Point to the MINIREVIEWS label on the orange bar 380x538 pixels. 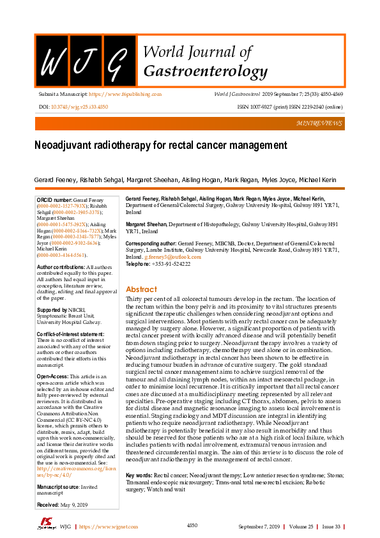[x=319, y=123]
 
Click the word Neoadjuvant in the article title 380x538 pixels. [x=62, y=146]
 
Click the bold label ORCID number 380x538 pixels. [x=55, y=201]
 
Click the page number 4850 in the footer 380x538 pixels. [x=192, y=525]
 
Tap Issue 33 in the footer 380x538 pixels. [x=330, y=526]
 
